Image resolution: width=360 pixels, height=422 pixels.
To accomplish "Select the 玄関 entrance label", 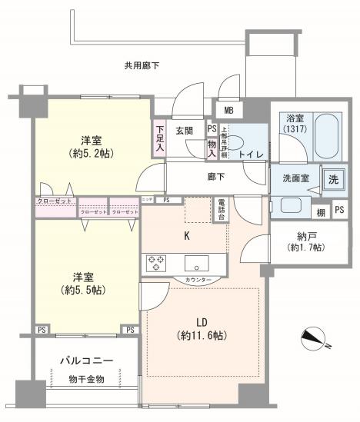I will (183, 130).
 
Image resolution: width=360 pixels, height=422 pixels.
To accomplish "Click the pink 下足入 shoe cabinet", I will (159, 138).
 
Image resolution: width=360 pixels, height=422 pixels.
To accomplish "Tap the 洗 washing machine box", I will (333, 179).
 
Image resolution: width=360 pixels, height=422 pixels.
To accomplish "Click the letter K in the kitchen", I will (186, 237).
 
